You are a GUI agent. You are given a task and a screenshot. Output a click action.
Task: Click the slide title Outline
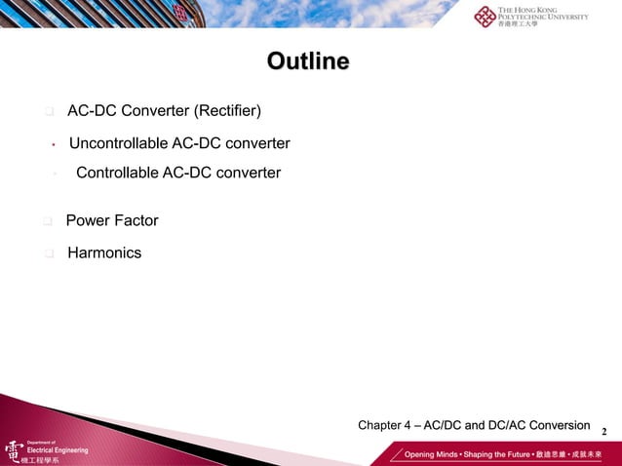click(308, 62)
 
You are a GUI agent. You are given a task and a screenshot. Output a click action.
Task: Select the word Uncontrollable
click(118, 144)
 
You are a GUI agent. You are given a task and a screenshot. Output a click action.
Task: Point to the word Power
click(87, 221)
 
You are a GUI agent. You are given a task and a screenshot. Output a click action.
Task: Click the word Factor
click(136, 221)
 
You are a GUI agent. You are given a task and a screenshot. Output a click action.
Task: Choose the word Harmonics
click(104, 253)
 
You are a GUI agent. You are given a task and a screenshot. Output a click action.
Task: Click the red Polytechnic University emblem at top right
click(485, 17)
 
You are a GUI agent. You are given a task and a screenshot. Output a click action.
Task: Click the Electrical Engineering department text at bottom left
click(56, 450)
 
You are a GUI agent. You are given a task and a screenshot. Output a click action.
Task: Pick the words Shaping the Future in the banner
click(503, 455)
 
